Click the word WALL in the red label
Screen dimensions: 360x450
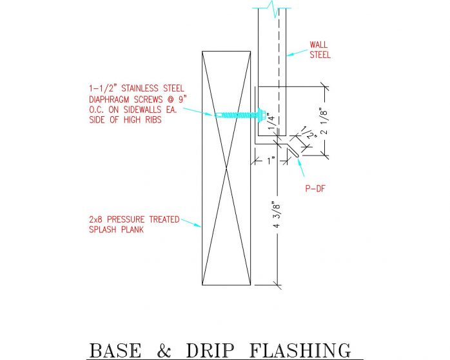pos(318,45)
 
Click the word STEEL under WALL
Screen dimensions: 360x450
pos(320,55)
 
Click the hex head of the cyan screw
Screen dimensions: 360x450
pos(263,114)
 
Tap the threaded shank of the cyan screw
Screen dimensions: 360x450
pos(242,114)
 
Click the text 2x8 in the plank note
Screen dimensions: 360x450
pos(97,219)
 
